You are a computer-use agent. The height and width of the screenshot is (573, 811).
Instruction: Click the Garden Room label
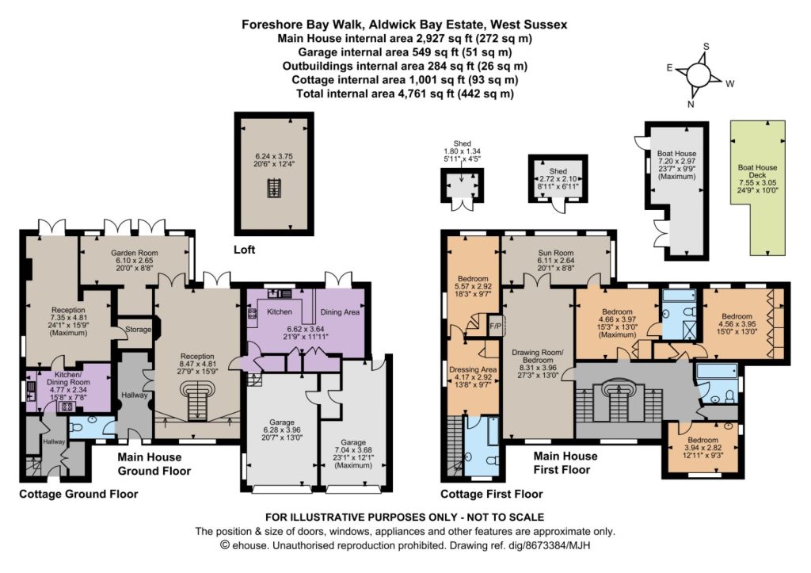[135, 253]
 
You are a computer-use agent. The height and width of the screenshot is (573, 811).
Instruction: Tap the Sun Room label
[556, 253]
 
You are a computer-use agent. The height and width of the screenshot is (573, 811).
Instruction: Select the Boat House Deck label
[757, 171]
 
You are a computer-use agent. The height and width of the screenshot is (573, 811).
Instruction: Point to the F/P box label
[496, 326]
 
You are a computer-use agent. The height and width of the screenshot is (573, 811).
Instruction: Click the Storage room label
[138, 329]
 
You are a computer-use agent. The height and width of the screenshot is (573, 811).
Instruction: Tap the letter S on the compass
[706, 47]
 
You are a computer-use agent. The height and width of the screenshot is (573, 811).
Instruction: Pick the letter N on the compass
[691, 104]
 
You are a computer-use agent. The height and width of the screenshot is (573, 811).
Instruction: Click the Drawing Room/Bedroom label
[538, 356]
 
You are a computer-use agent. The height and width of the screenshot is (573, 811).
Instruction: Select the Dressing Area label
[473, 369]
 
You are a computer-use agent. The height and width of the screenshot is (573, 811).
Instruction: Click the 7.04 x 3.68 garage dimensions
[353, 450]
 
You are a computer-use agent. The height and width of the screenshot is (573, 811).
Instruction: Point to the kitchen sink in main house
[279, 293]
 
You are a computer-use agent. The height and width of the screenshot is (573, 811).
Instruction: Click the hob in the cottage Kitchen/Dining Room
[67, 407]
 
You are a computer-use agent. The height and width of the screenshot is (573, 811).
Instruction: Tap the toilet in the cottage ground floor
[76, 429]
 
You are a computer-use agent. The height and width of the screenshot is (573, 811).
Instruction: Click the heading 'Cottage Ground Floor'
[78, 494]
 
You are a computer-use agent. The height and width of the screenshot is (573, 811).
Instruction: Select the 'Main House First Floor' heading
[565, 463]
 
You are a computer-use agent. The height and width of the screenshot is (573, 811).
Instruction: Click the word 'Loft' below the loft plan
[244, 250]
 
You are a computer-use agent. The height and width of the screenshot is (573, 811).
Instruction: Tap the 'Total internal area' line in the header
[405, 94]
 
